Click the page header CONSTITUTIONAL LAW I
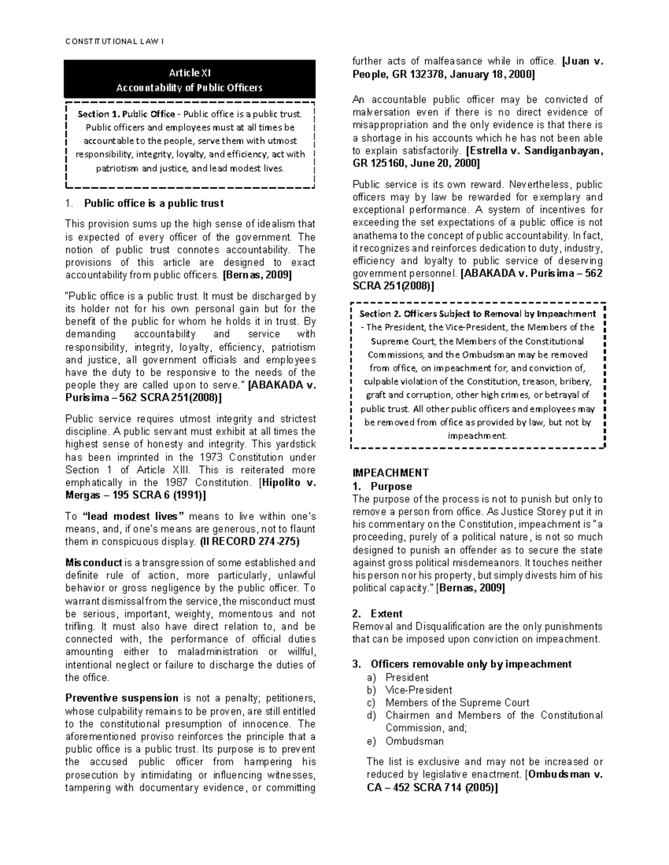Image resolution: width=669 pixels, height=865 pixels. point(114,42)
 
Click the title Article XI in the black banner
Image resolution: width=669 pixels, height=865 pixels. point(190,72)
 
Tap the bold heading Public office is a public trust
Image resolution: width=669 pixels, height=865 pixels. point(153,203)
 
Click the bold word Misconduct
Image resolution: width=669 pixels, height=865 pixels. point(94,563)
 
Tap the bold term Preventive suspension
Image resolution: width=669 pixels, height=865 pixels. point(122,698)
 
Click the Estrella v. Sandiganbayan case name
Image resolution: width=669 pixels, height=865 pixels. point(536,150)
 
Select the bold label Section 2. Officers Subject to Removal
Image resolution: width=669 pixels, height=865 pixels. point(477,314)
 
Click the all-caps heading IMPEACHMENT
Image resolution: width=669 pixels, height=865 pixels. point(390,472)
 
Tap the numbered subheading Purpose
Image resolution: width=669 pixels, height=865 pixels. point(391,486)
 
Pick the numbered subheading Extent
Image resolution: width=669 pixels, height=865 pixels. point(386,613)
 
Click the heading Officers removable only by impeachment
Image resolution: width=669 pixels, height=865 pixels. point(471,664)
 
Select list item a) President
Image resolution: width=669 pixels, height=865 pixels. point(406,677)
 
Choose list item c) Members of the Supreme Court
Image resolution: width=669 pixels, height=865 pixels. point(457,702)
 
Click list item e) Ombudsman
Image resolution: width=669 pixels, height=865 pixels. point(414,741)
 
